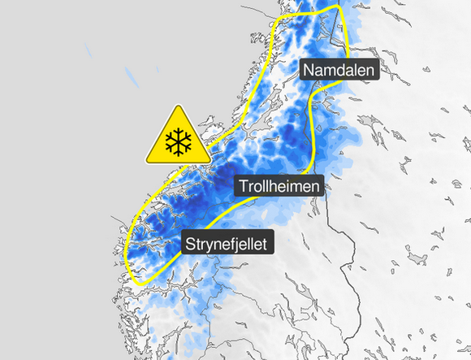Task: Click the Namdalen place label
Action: coord(340,70)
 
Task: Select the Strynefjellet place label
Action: coord(227,242)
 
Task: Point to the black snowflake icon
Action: coord(176,142)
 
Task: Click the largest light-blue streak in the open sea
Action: coord(131,79)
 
